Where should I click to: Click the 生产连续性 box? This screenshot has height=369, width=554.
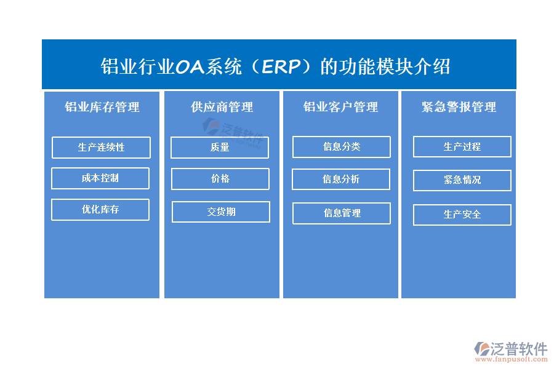[x=101, y=147]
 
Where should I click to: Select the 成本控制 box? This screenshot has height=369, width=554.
[x=100, y=178]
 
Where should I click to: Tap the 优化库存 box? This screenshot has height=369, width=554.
[x=100, y=210]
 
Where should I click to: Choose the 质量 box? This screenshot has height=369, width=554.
[x=220, y=147]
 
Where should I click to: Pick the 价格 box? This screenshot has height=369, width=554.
[x=220, y=179]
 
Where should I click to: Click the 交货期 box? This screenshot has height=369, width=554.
[x=221, y=212]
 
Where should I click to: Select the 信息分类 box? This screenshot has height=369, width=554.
[x=342, y=146]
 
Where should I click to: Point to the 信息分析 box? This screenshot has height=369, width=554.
[x=341, y=180]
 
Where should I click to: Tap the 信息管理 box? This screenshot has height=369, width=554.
[x=342, y=213]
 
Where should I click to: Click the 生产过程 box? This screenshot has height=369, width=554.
[x=462, y=146]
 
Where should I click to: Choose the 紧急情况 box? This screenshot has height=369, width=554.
[x=462, y=180]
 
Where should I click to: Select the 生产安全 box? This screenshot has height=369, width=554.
[x=462, y=215]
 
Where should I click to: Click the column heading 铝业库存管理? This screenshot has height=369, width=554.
[x=102, y=107]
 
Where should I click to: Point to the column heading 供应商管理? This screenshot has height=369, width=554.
[x=222, y=107]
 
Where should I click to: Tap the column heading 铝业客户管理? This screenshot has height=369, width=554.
[x=340, y=107]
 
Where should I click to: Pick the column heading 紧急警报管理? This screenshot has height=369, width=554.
[x=459, y=107]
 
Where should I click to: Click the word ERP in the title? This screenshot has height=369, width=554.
[x=281, y=66]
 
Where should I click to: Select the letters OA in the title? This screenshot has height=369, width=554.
[x=190, y=67]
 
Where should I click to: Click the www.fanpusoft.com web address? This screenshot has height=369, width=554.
[x=512, y=359]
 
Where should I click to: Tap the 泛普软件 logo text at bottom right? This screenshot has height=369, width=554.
[x=519, y=349]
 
